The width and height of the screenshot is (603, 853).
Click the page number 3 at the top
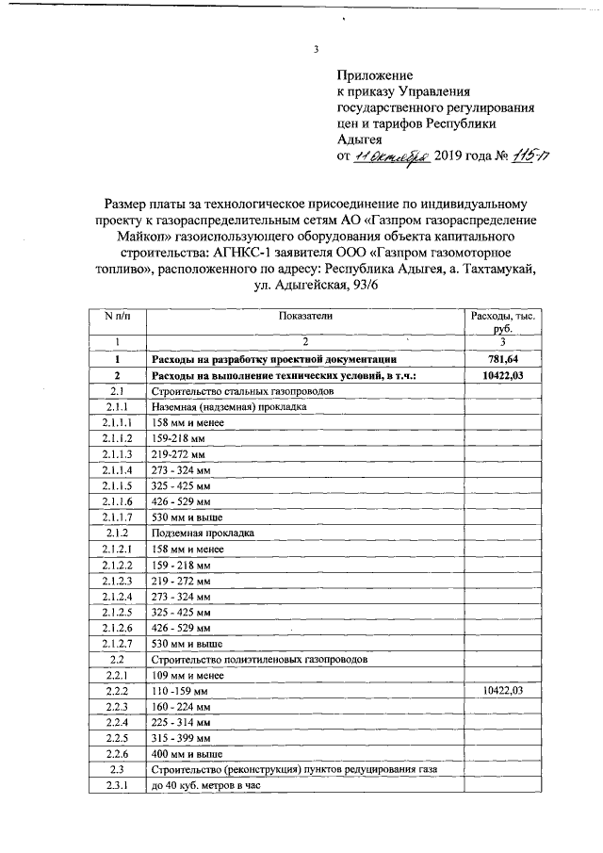(317, 50)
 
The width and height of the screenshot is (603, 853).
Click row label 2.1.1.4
(118, 469)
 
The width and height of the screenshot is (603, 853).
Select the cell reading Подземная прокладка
(198, 533)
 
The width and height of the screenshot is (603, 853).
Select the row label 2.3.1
(118, 786)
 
